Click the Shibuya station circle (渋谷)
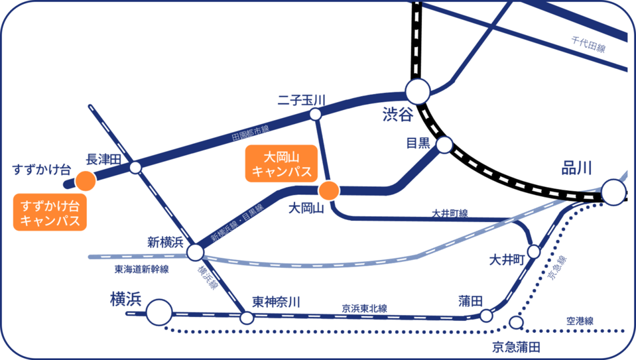418,93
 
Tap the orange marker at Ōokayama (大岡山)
329,191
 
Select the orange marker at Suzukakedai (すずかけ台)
84,180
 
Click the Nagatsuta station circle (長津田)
135,167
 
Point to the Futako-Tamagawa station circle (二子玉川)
316,114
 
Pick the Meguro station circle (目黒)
444,145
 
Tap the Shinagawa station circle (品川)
613,193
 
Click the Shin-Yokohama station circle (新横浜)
195,252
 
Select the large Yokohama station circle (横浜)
159,312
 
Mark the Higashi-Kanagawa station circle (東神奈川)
247,318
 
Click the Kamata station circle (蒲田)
486,316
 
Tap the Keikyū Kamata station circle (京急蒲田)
515,323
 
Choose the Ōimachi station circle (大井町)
534,251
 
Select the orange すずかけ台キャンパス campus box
50,212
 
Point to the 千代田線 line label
588,47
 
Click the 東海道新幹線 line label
141,269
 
